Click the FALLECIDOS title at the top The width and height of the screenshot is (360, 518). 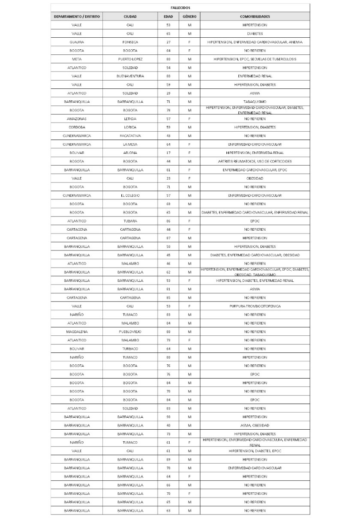[x=180, y=8]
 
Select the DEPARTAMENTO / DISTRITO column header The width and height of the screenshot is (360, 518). [x=77, y=16]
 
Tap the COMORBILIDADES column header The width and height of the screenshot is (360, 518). [x=255, y=16]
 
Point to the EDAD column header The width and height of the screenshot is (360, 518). [x=168, y=16]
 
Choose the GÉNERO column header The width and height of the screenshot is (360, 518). [x=189, y=16]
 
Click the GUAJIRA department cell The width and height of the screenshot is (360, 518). [x=77, y=42]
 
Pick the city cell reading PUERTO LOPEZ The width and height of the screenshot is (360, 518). [x=130, y=59]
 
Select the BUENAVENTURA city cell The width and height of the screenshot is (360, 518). [x=130, y=76]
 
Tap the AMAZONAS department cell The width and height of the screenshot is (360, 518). [x=77, y=119]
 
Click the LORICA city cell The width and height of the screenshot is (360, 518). [x=130, y=127]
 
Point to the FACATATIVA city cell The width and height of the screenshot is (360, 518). [x=130, y=136]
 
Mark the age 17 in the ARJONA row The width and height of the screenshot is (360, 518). [x=168, y=153]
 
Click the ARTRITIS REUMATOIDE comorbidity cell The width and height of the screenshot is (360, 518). [x=255, y=161]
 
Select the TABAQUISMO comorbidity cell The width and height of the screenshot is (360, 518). [x=255, y=102]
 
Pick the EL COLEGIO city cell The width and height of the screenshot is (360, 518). [x=130, y=195]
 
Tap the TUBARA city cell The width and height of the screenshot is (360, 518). [x=130, y=221]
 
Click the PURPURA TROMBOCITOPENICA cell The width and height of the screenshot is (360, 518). [x=255, y=306]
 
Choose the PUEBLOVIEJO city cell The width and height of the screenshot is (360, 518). [x=130, y=331]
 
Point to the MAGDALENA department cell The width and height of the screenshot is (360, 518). [x=77, y=331]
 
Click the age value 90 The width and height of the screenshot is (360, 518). [x=168, y=416]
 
